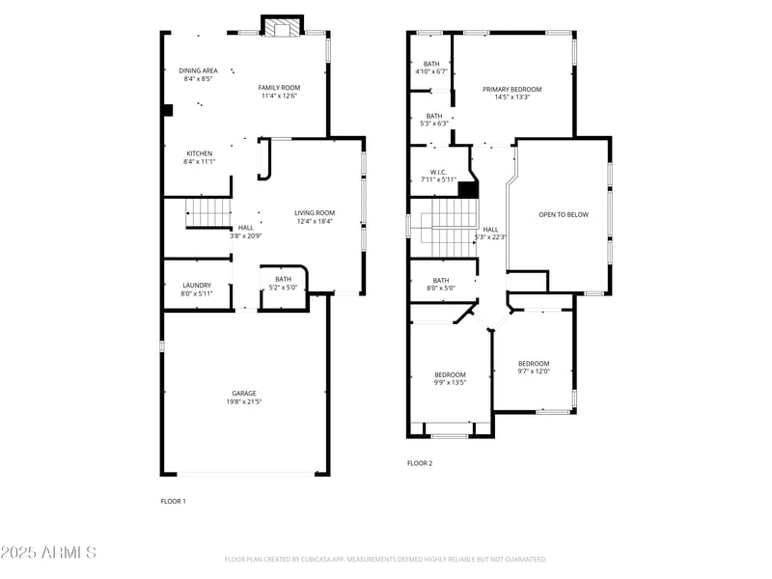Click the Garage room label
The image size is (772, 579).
243,393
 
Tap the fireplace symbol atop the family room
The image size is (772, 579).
283,28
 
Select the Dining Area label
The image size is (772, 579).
198,70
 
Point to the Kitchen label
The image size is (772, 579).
200,153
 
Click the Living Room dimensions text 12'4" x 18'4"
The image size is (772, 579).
314,221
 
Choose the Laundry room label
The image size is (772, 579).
197,285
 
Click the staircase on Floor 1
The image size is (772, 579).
209,211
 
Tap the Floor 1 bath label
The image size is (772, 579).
283,279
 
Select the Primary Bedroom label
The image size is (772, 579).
511,89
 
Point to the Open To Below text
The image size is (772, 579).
563,214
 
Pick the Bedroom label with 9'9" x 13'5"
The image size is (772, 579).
450,374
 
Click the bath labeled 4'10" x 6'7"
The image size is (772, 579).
431,64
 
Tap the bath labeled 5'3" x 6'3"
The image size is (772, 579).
434,116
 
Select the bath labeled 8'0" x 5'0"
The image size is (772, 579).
440,280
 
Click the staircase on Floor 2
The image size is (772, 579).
445,227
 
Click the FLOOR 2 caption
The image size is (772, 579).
420,463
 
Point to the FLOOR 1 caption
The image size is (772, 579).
173,501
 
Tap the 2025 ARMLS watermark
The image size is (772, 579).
48,552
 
